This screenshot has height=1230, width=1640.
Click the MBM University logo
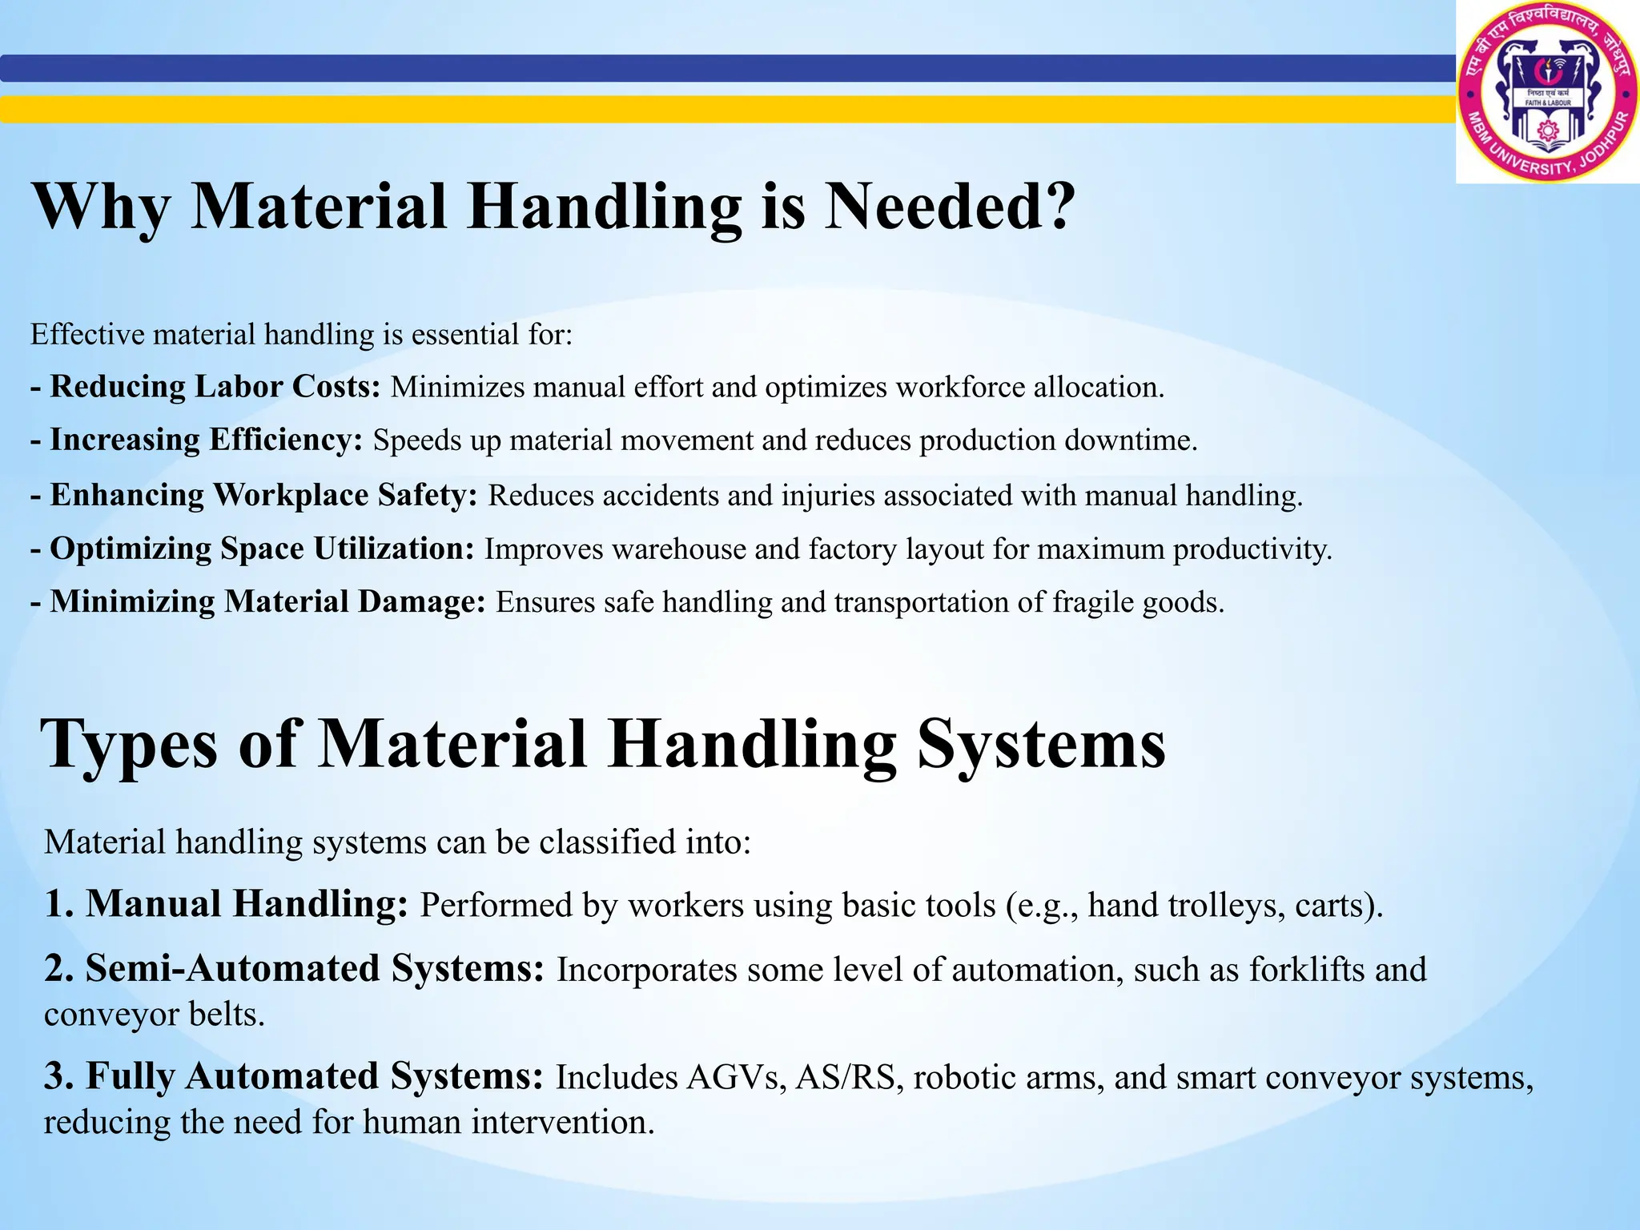(1547, 92)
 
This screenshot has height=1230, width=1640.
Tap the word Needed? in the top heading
(949, 207)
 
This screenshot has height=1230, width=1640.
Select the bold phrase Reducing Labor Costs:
(215, 387)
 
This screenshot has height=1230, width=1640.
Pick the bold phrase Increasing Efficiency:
(206, 440)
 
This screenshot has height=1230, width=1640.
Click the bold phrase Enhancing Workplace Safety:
(263, 495)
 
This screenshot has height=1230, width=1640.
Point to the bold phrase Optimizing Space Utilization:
(262, 549)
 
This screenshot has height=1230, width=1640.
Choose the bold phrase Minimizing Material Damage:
(267, 602)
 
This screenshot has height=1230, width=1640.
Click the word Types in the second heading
(129, 745)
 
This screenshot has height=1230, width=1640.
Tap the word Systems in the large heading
(1041, 745)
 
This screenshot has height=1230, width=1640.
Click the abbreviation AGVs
(735, 1078)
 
